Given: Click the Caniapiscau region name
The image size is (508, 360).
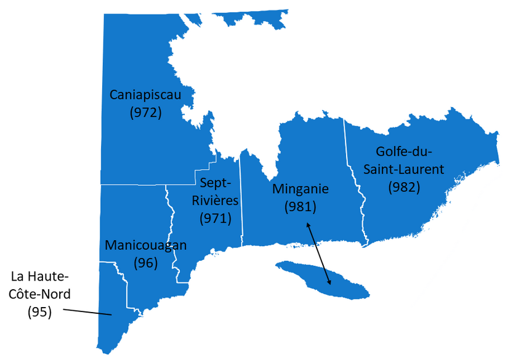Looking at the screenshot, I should [146, 95].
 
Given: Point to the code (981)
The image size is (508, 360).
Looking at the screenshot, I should [300, 207].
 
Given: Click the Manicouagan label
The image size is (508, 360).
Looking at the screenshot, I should [146, 245].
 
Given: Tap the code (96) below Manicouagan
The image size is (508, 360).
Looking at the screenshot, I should [146, 263].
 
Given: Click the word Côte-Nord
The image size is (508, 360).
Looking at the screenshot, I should [39, 294].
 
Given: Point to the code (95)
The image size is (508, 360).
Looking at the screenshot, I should [39, 311].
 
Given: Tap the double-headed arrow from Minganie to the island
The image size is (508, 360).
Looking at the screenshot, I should [319, 254].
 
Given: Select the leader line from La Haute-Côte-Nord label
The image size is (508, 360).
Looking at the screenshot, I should [86, 311].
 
